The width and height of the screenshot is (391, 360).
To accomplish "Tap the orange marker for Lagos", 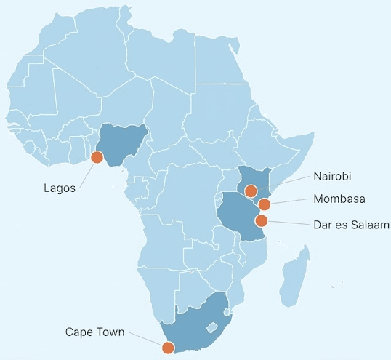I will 96,158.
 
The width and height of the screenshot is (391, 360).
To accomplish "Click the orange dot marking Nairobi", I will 250,191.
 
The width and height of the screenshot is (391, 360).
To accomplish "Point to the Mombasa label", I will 339,199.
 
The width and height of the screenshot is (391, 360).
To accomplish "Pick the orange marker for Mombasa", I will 265,204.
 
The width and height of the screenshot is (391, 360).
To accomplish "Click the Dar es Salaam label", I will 352,225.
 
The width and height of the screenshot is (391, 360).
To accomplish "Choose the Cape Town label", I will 94,332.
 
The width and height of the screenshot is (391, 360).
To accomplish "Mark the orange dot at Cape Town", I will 168,348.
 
